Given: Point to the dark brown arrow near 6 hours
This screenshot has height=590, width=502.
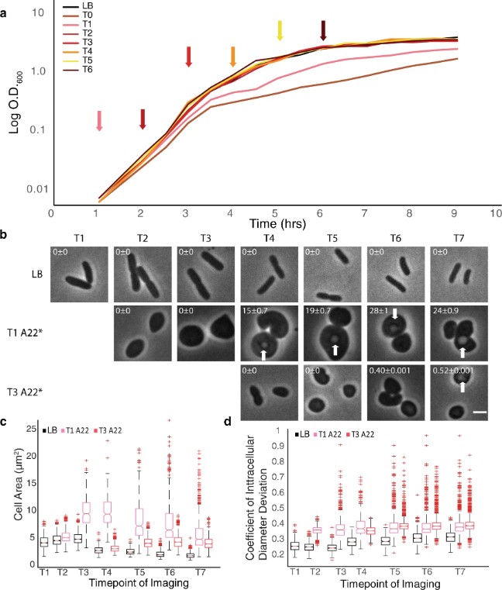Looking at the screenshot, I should pos(324,31).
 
